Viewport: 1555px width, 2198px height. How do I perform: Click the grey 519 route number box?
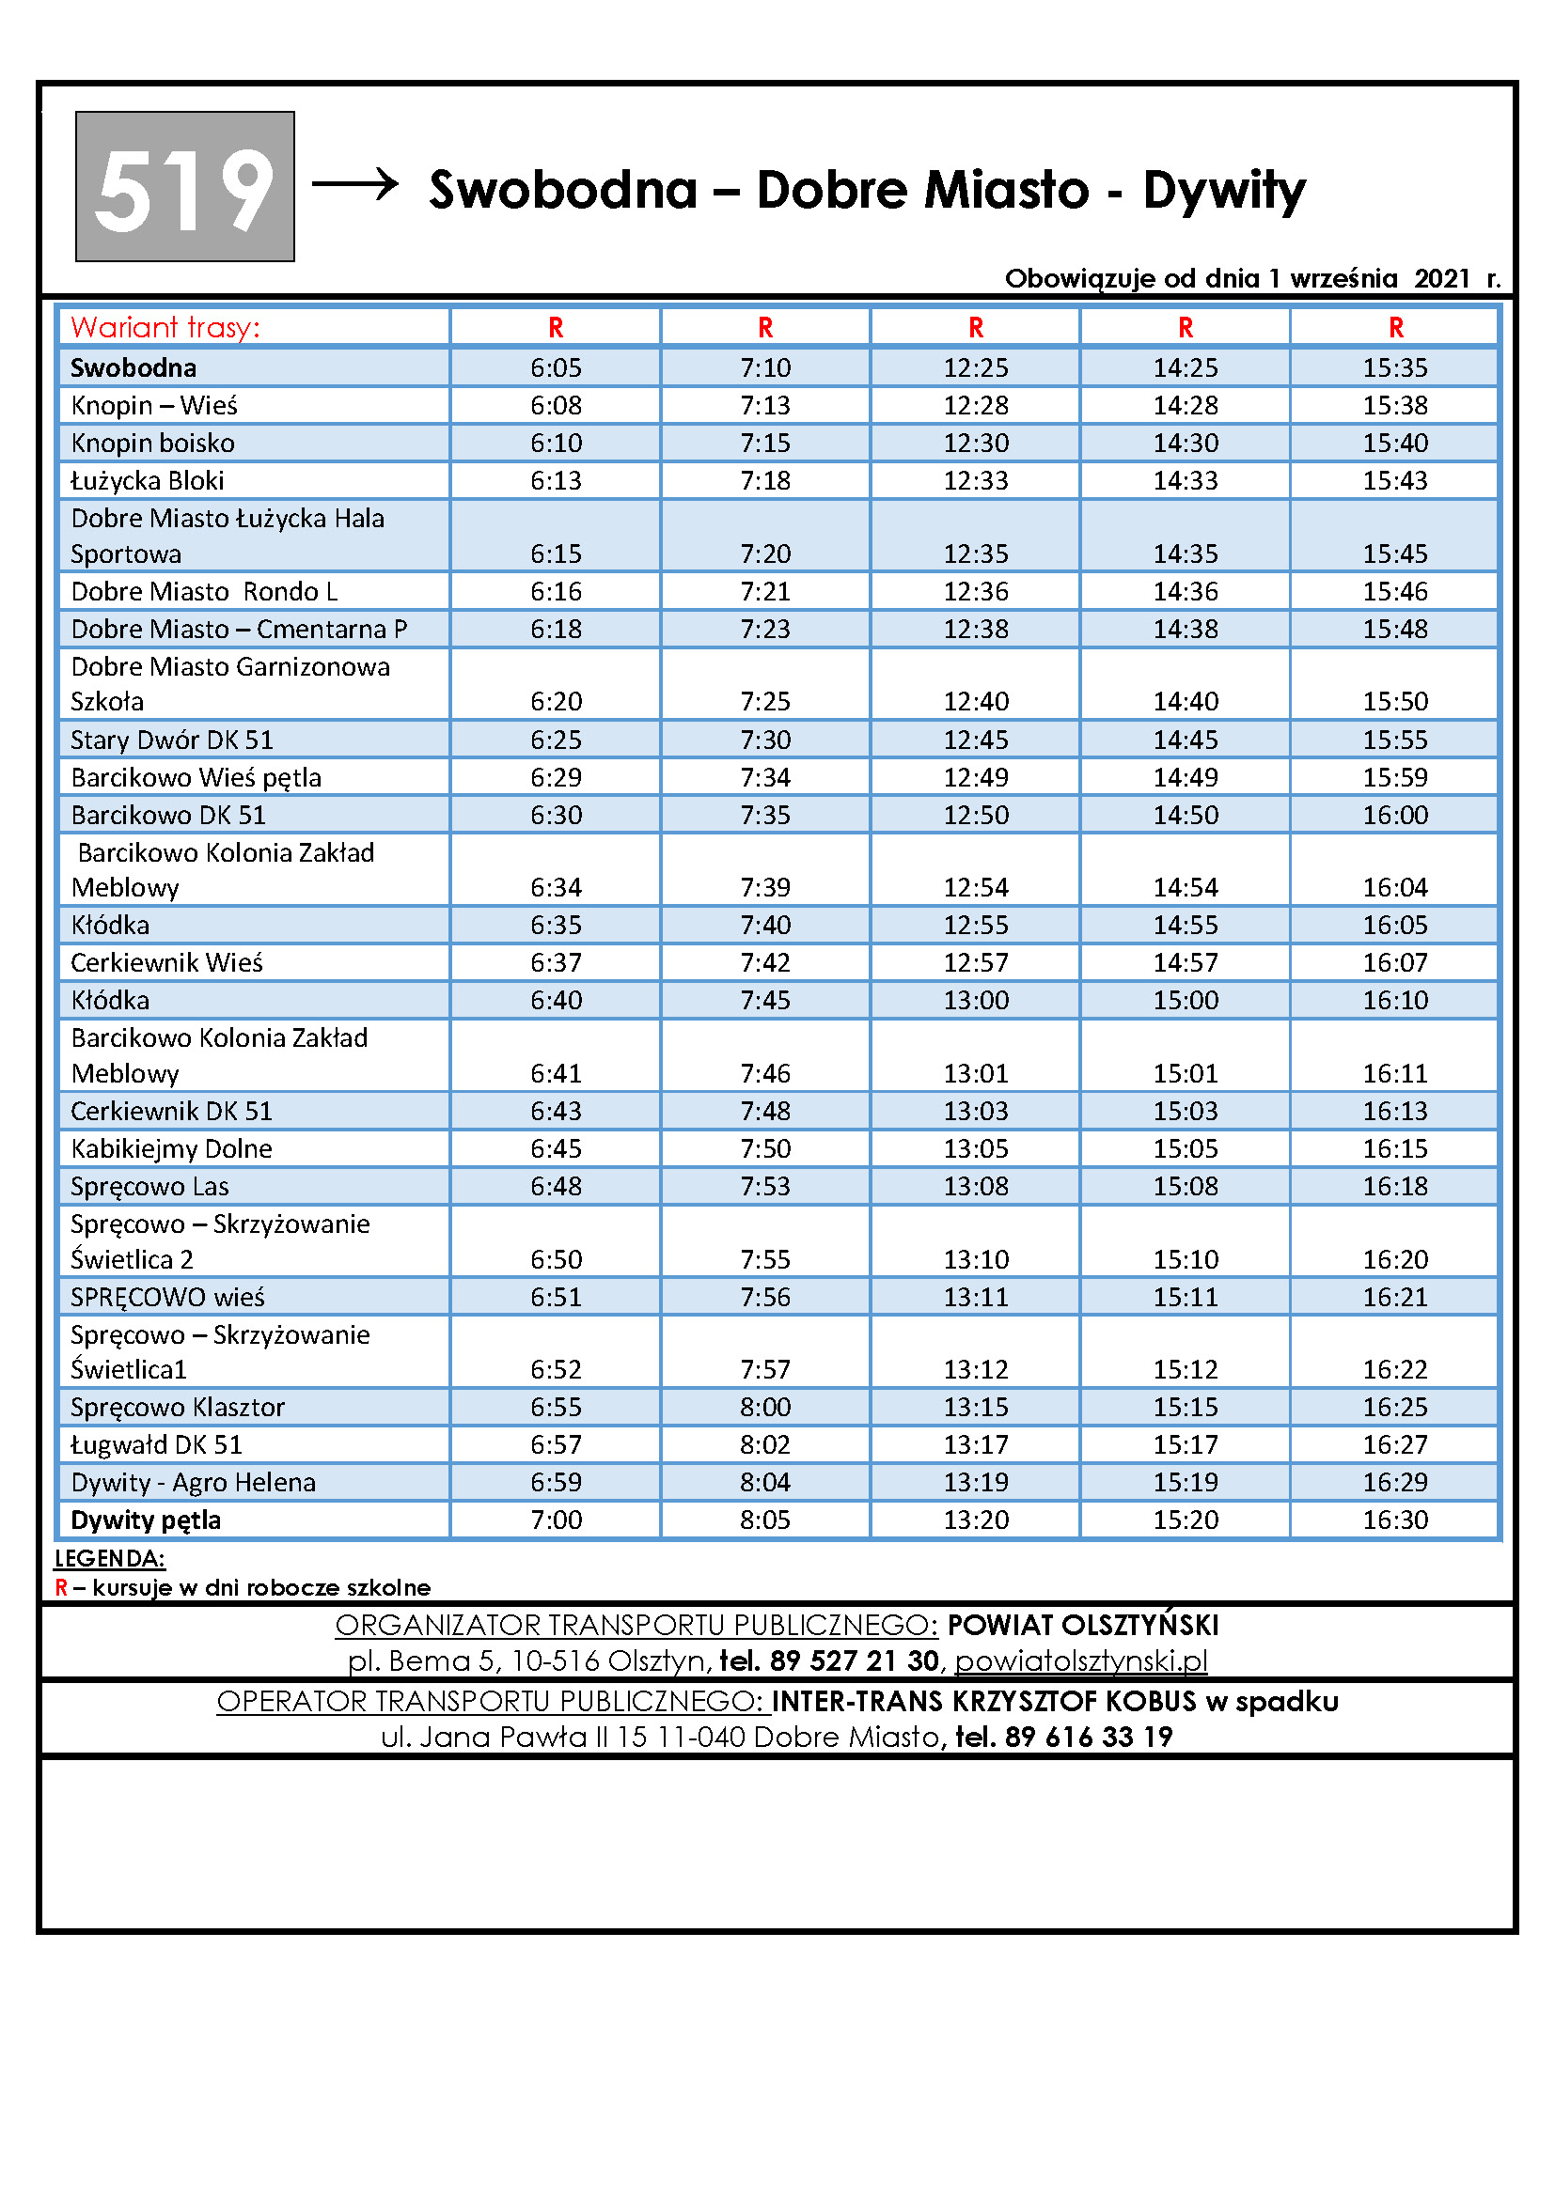click(x=185, y=187)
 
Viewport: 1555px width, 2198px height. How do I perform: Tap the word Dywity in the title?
click(x=1224, y=190)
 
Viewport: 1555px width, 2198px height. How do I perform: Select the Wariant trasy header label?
click(x=165, y=327)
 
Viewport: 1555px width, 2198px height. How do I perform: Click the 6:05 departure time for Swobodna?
click(x=556, y=367)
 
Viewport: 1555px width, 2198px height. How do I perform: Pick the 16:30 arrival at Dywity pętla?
click(x=1395, y=1520)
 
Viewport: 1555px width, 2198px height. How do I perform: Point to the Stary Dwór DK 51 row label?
click(x=172, y=740)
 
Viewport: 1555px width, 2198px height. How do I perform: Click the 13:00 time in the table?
click(x=976, y=1001)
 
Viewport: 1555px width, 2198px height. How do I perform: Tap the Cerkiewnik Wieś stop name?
click(x=166, y=962)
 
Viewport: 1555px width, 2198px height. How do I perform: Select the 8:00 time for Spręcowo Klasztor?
click(x=765, y=1408)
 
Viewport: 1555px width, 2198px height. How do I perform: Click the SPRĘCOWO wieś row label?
click(x=167, y=1297)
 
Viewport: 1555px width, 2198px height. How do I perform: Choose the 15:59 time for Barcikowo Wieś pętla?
click(x=1395, y=777)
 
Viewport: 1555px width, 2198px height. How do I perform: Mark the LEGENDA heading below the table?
click(x=110, y=1558)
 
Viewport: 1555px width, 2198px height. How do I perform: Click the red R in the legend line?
click(x=61, y=1587)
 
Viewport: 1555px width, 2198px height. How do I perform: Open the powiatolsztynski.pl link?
click(x=1080, y=1660)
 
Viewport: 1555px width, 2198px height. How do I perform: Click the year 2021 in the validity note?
click(x=1441, y=278)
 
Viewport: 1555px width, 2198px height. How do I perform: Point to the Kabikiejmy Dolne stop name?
click(x=171, y=1148)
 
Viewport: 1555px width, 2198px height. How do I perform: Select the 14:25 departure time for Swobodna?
click(x=1186, y=367)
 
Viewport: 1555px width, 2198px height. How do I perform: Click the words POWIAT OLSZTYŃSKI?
click(x=1082, y=1625)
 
